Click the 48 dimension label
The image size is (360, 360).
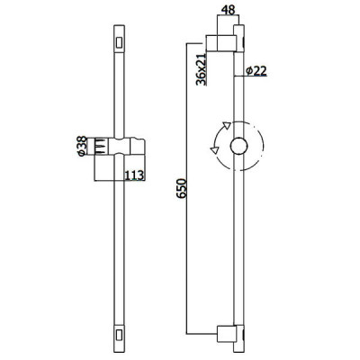coord(228,11)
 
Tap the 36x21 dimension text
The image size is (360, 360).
coord(202,69)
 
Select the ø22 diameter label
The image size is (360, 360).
coord(256,71)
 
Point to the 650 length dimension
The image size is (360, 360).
coord(182,188)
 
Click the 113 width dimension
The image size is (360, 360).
coord(134,175)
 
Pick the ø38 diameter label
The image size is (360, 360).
coord(82,147)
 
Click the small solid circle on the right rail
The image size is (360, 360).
coord(239,147)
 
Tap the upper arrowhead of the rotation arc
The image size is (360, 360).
coord(227,125)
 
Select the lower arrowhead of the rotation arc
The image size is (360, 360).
coord(214,150)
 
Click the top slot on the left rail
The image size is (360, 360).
coord(119,42)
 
